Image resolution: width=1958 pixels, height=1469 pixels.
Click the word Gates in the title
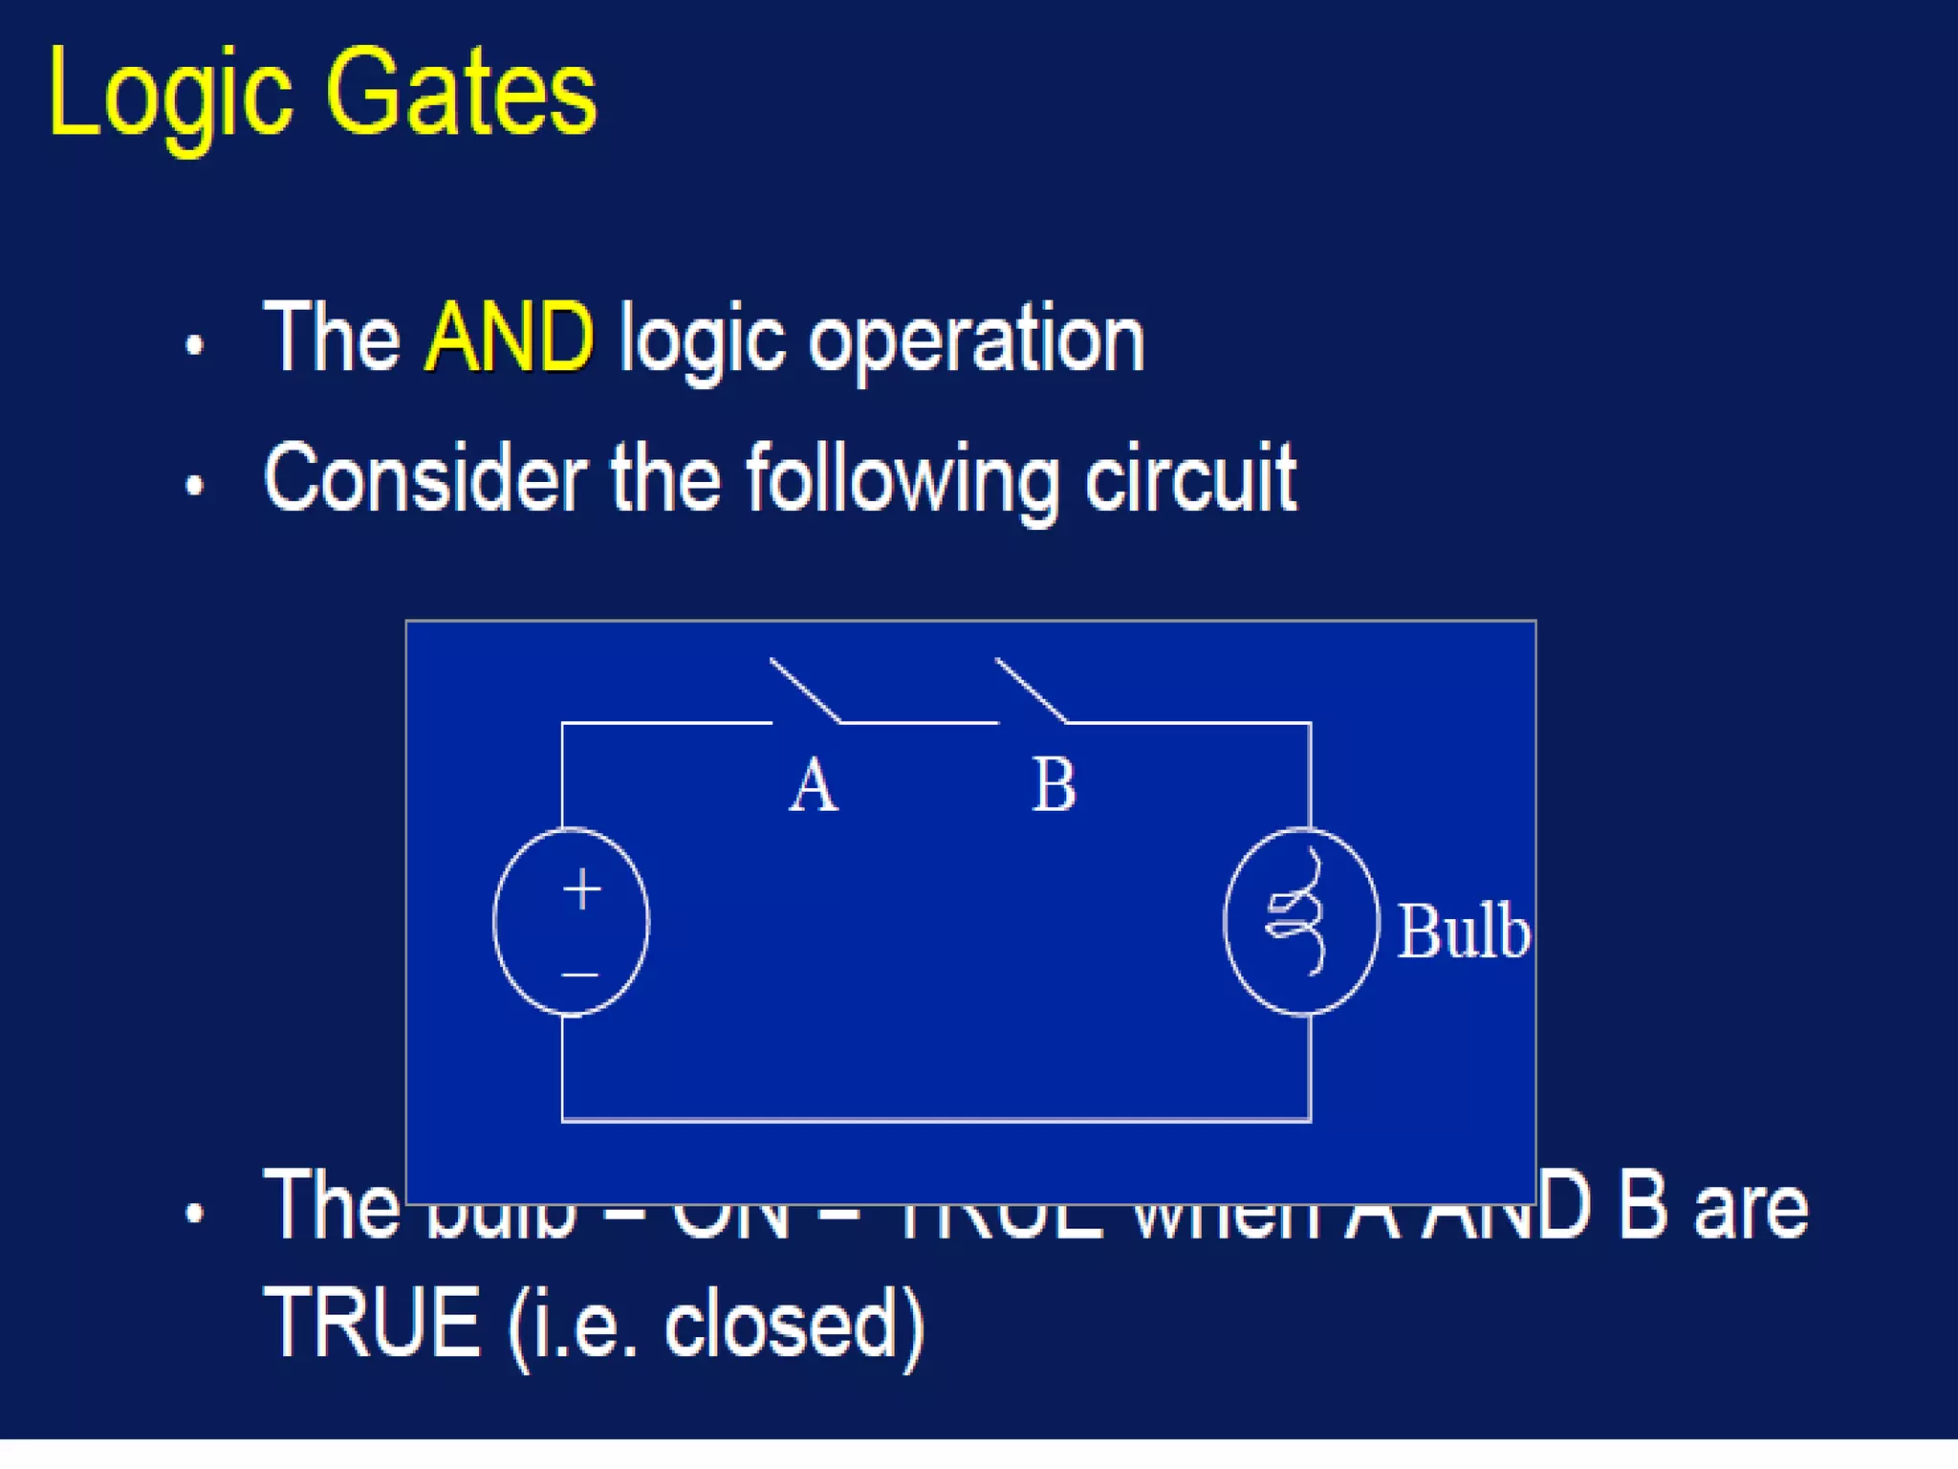tap(461, 94)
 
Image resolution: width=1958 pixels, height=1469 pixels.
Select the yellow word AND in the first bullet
tap(509, 337)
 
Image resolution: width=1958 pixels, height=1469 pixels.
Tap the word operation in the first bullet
tap(976, 340)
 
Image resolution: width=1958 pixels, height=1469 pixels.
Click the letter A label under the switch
tap(814, 786)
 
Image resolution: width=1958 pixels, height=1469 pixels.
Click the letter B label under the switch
tap(1054, 786)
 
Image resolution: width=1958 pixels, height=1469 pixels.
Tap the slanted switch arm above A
tap(805, 689)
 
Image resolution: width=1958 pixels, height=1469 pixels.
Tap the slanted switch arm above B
tap(1031, 689)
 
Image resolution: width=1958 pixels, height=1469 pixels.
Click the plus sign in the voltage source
tap(581, 889)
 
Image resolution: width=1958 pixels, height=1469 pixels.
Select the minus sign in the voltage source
tap(579, 975)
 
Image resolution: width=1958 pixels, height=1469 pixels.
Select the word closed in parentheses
tap(780, 1326)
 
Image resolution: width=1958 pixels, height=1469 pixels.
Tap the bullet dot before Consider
tap(195, 486)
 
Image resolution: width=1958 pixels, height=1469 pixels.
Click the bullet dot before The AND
tap(195, 345)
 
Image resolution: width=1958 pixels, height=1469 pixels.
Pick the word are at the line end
tap(1751, 1209)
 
